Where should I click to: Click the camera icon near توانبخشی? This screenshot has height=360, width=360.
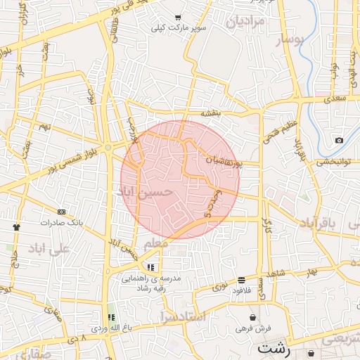coord(340,140)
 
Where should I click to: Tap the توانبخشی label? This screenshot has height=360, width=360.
coord(335,162)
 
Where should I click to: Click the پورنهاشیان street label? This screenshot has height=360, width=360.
coord(224,162)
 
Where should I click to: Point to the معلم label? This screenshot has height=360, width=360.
coord(156,243)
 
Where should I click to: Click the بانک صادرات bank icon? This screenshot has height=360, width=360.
coord(61,211)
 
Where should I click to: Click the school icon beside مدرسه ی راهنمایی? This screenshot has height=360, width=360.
coord(150,267)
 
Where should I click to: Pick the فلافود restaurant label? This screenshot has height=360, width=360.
coord(241,290)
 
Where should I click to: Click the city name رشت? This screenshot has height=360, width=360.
coord(272,348)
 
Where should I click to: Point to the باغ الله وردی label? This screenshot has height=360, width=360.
coord(110,328)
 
